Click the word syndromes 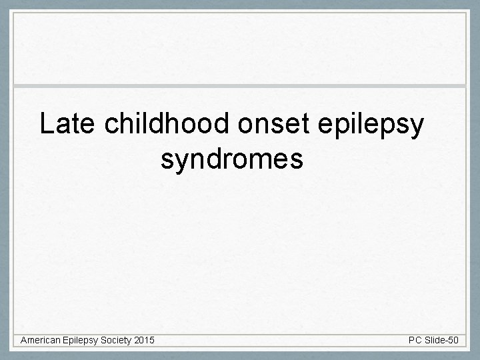[x=232, y=160]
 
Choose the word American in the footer [x=41, y=341]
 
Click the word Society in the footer [x=116, y=341]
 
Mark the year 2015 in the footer [x=144, y=341]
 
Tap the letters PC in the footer [x=415, y=341]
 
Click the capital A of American [x=23, y=341]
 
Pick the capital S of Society [x=105, y=341]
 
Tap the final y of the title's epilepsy [x=417, y=128]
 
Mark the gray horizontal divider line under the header [x=240, y=86]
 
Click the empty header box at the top [x=240, y=48]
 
